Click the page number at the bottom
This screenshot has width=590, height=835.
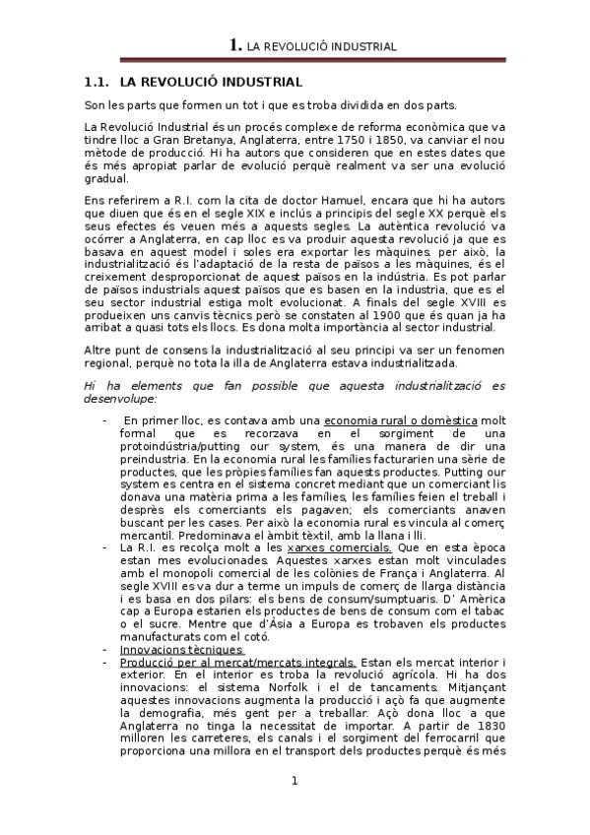295,781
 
